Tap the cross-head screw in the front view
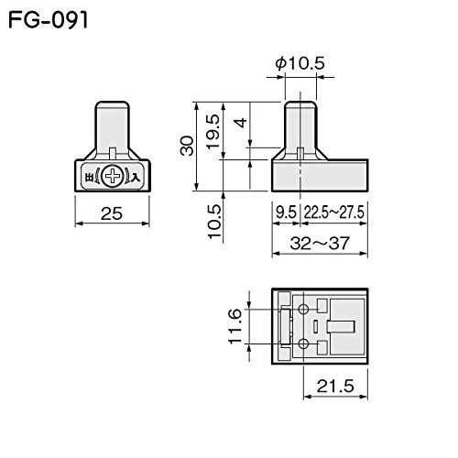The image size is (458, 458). click(x=113, y=177)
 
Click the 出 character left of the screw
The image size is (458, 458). click(x=89, y=177)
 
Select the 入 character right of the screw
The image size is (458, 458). click(x=136, y=177)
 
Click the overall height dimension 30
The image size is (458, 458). click(x=188, y=145)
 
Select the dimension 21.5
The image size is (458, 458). click(x=335, y=387)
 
